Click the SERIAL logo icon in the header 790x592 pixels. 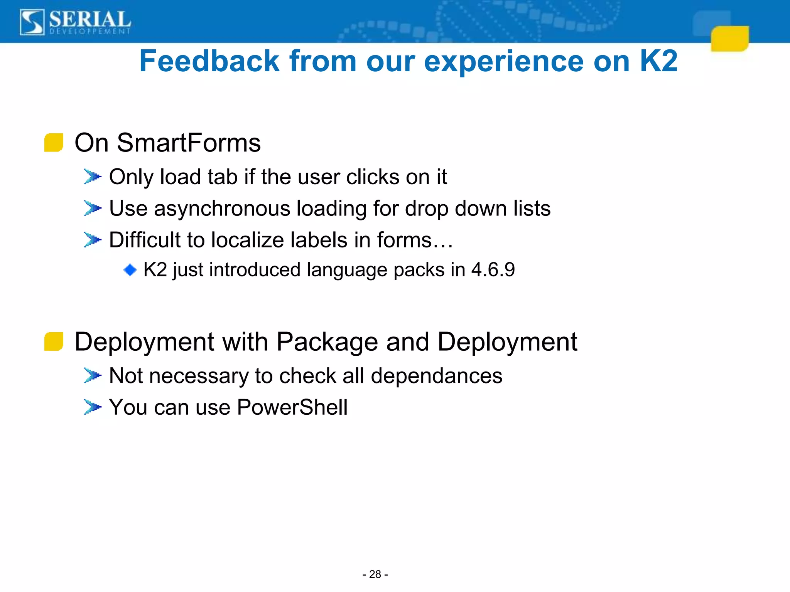point(32,22)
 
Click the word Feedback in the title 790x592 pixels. point(209,61)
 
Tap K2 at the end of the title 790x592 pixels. point(658,61)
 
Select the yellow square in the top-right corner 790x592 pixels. point(729,39)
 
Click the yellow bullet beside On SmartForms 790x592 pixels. point(54,143)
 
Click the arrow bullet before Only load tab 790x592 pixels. point(92,177)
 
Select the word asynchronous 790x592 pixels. point(222,209)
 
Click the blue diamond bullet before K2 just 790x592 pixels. point(130,270)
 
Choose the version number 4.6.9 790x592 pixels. point(493,269)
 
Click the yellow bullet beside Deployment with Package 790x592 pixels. point(54,341)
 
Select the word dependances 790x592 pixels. point(436,376)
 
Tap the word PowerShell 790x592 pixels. point(292,407)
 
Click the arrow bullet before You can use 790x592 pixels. point(92,407)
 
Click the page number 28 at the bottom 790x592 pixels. point(375,574)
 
